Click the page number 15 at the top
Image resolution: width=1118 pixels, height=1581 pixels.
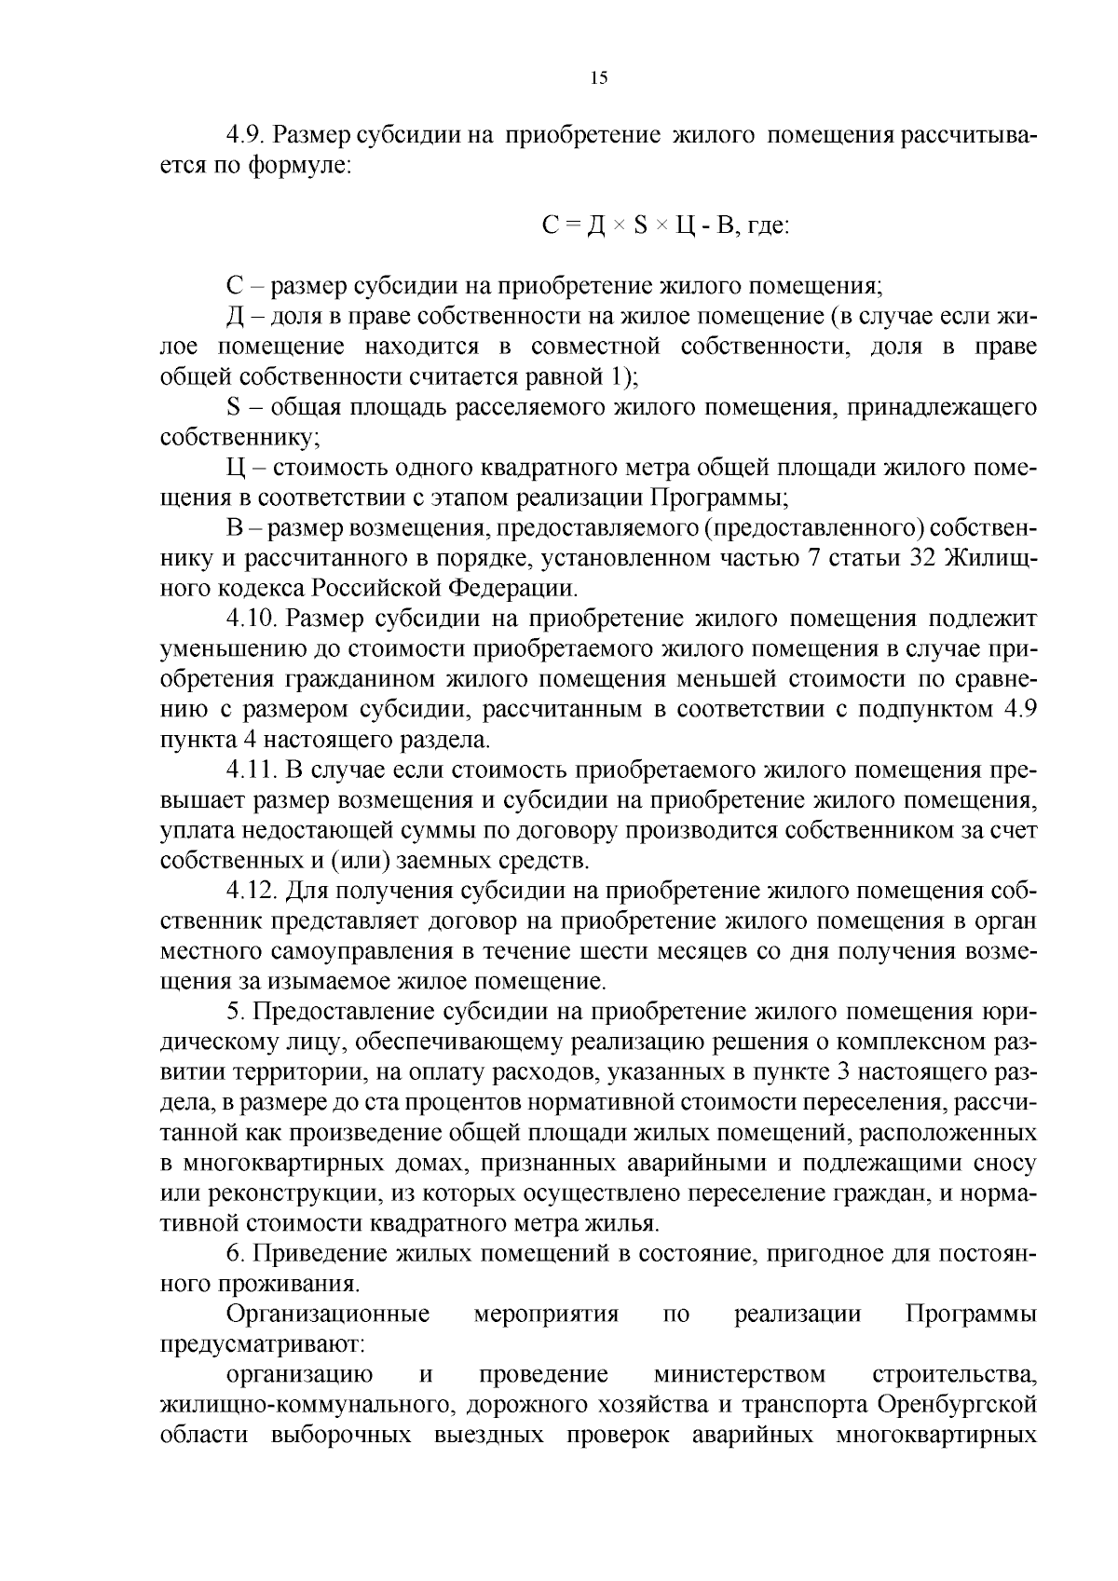tap(598, 78)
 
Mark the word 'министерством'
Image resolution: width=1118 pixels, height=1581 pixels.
tap(740, 1375)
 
